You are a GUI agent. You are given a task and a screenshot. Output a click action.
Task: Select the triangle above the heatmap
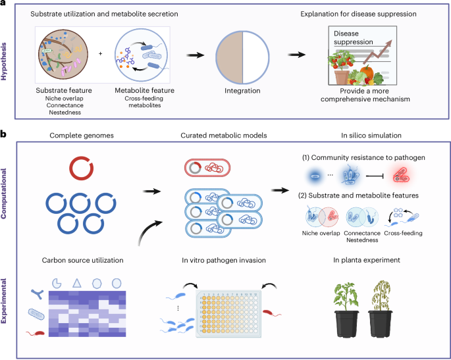click(x=77, y=283)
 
